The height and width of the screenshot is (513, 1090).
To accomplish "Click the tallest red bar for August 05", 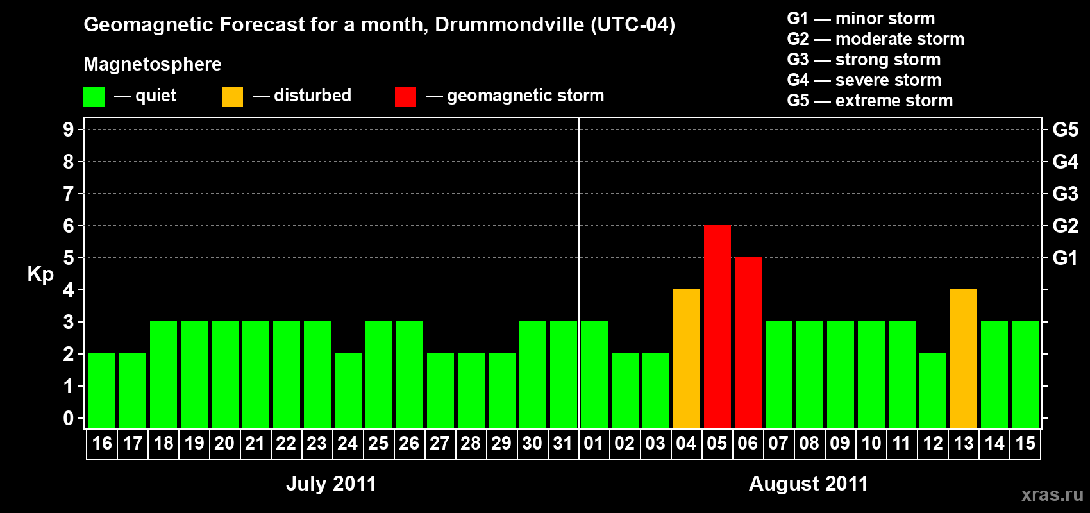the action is click(717, 326).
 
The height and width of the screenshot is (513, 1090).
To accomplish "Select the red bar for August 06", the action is click(748, 342).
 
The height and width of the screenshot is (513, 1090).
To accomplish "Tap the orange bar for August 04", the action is click(687, 358).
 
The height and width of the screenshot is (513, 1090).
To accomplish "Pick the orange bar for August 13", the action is click(964, 358).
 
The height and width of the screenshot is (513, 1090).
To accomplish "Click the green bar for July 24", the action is click(348, 391).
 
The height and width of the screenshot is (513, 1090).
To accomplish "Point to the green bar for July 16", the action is click(102, 391).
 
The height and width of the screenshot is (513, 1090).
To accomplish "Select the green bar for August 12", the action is click(933, 391).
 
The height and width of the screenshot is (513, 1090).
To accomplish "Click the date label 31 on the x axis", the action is click(563, 443).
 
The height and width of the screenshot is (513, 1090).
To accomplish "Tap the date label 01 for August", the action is click(594, 443).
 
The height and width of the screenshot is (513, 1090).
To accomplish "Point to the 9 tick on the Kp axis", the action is click(68, 130).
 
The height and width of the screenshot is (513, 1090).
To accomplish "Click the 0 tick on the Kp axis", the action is click(68, 418).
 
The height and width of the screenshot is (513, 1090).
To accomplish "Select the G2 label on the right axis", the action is click(1066, 226).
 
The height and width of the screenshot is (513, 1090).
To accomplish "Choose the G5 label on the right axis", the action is click(1066, 130).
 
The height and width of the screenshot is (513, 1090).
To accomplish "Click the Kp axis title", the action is click(40, 274).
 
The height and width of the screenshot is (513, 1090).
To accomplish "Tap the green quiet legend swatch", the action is click(94, 96).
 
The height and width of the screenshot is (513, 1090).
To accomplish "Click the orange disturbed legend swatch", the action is click(232, 96).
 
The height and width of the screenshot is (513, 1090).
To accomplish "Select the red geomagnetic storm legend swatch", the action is click(406, 96).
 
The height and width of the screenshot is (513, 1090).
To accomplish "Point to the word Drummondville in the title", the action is click(510, 24).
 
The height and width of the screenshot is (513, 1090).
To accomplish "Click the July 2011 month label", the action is click(331, 484).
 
